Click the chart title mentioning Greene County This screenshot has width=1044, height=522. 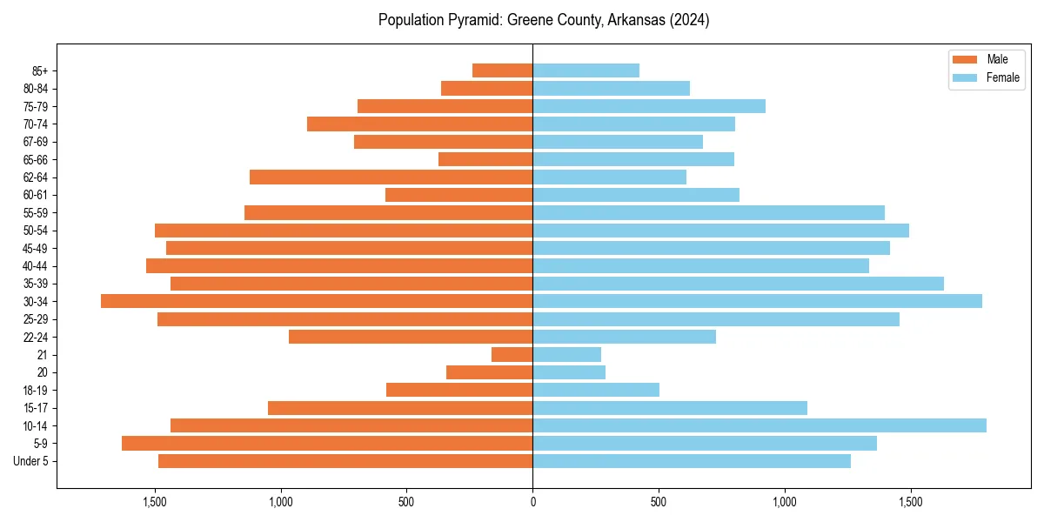point(544,20)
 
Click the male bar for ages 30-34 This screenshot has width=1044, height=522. point(317,301)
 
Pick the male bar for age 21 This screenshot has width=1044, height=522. point(512,355)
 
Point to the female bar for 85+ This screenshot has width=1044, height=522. point(586,70)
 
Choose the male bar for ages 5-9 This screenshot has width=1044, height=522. point(327,444)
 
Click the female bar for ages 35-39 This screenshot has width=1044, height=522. point(738,284)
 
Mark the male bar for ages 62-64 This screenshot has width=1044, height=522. point(391,177)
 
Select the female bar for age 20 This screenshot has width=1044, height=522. point(569,372)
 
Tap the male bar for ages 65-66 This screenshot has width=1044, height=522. point(485,159)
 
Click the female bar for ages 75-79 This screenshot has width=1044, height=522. point(649,106)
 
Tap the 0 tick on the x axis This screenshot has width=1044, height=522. point(532,503)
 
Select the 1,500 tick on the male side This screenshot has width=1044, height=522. point(155,503)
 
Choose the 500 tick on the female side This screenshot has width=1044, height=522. point(659,503)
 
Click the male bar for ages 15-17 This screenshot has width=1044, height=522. point(400,408)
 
